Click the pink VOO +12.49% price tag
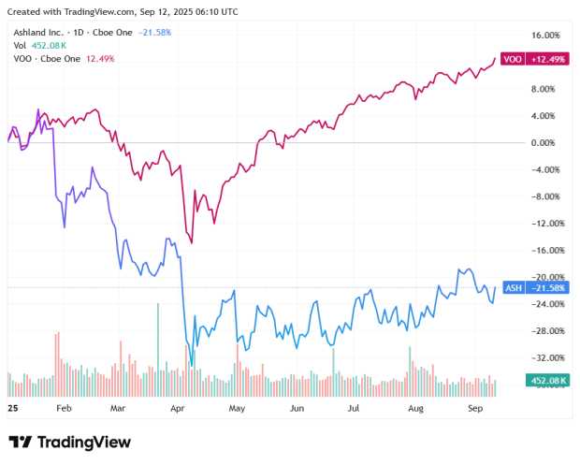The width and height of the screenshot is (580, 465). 525,59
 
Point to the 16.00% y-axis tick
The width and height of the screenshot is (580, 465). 544,36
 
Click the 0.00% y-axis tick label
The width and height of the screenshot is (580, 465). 544,143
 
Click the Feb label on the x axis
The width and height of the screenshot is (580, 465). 64,409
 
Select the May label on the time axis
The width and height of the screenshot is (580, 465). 237,409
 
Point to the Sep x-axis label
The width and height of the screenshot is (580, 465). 474,409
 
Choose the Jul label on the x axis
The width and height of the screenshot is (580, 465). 354,409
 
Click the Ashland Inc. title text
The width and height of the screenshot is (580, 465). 42,32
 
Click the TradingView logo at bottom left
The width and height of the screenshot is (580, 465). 69,442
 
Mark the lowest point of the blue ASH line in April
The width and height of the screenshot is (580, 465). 192,365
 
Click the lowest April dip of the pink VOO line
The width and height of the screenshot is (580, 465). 192,242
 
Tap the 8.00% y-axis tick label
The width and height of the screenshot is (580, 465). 544,90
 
